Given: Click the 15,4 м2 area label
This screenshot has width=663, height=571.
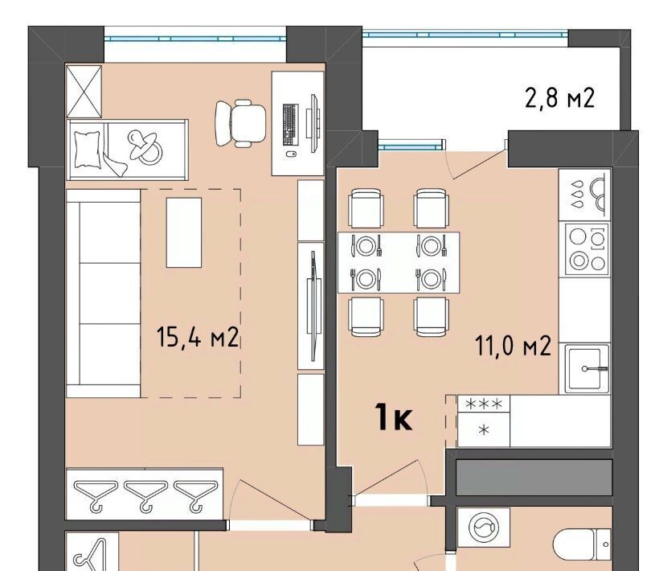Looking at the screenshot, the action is click(198, 337).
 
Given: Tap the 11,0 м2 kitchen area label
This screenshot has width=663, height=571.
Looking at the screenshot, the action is click(513, 345).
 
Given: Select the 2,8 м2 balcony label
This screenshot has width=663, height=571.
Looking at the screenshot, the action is click(560, 98).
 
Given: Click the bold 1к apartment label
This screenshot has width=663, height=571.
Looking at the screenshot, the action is click(394, 417).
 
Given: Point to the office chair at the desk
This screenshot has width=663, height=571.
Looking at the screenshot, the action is click(240, 123).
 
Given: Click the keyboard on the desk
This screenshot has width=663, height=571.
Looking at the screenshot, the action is click(290, 123).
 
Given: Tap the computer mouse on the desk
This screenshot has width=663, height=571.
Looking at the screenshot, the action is click(291, 154).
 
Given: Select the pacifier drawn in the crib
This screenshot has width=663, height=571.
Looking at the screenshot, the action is click(145, 146).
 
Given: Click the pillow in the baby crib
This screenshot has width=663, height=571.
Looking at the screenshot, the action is click(88, 149).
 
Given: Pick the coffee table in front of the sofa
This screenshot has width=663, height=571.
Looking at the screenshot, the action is click(184, 232).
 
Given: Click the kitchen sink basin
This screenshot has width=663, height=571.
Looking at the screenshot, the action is click(584, 368).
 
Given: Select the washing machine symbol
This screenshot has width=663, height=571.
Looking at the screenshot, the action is click(484, 528).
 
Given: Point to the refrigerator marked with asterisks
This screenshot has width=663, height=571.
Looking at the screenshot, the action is click(484, 421).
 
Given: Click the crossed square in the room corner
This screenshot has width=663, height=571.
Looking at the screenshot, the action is click(84, 91).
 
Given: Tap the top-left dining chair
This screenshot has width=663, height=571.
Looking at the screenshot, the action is click(366, 208).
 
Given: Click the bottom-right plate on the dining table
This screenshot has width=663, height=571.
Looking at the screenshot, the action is click(431, 279).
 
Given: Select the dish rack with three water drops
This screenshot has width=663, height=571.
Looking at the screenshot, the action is click(585, 195).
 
